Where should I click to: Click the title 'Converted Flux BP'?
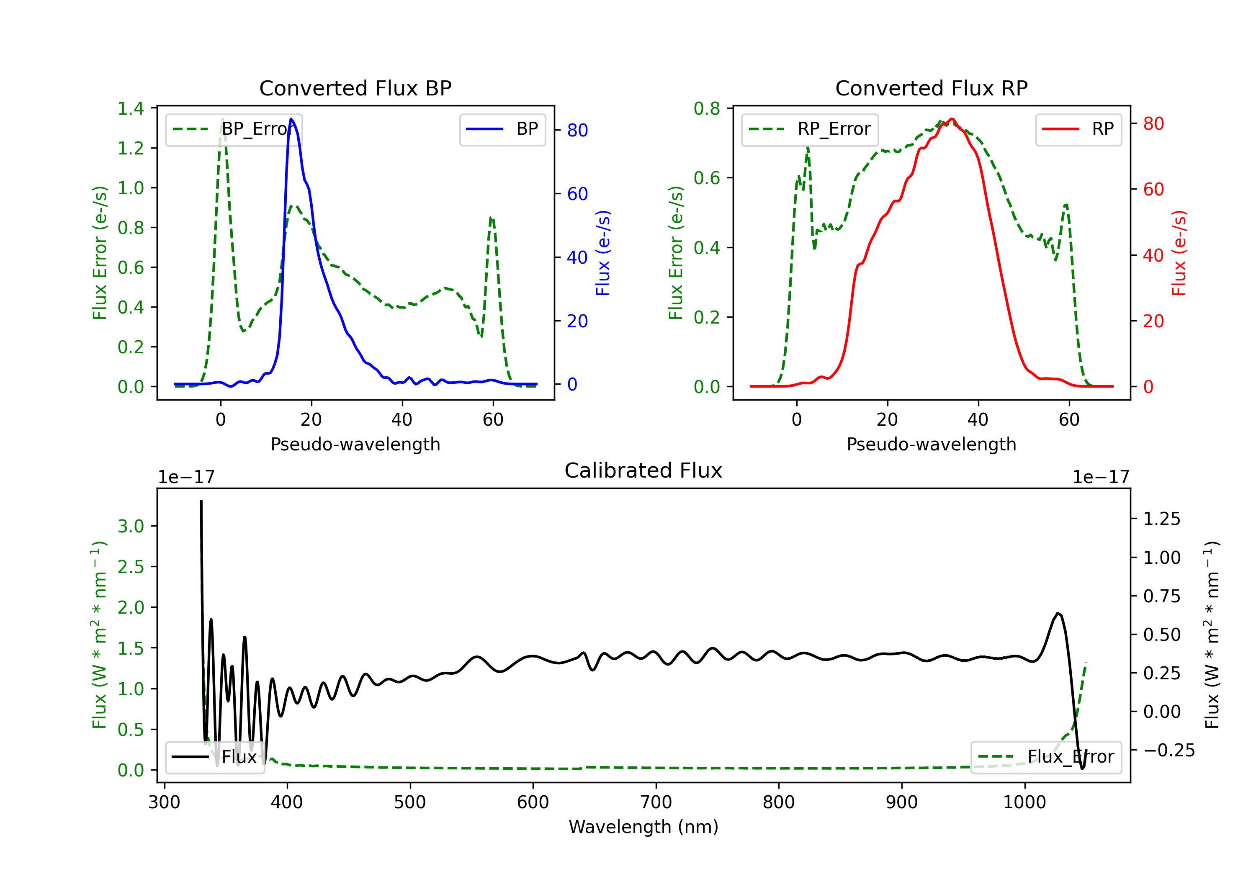click(355, 88)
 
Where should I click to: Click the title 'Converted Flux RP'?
click(932, 88)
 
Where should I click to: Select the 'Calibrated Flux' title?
click(643, 470)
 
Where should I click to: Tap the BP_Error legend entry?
click(234, 129)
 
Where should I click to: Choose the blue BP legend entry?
click(502, 129)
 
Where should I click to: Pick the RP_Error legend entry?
click(810, 129)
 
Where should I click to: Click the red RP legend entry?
click(1078, 129)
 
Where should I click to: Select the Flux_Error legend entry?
click(1046, 757)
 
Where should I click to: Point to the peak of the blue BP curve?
click(291, 119)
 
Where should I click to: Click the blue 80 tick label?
click(578, 130)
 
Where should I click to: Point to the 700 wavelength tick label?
click(656, 802)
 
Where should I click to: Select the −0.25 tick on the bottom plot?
click(1169, 750)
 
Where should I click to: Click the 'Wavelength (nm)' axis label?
click(643, 827)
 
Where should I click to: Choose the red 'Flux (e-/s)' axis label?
click(1179, 253)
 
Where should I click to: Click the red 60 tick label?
click(1154, 189)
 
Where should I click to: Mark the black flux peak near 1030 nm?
click(1058, 613)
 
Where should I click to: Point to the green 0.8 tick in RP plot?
click(707, 108)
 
